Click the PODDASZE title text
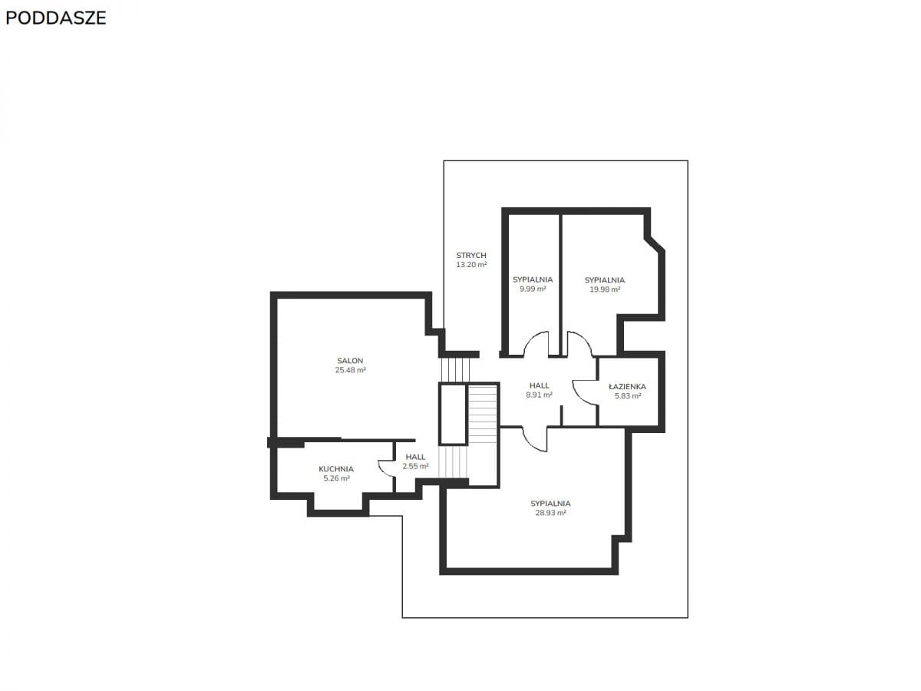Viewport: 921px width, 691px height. click(x=55, y=18)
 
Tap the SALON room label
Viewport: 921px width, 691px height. click(x=350, y=360)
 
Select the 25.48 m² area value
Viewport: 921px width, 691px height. click(x=350, y=370)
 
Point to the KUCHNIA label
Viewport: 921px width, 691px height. click(x=336, y=469)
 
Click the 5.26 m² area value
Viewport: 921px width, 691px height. click(x=336, y=478)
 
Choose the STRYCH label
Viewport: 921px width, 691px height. click(x=471, y=255)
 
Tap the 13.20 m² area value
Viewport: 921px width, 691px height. click(x=471, y=265)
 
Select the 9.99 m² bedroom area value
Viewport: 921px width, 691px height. click(x=533, y=289)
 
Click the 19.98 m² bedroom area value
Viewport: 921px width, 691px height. click(x=605, y=289)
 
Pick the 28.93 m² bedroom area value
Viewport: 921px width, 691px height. click(x=550, y=513)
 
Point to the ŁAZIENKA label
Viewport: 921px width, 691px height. click(x=627, y=386)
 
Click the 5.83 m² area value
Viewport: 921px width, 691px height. click(x=628, y=396)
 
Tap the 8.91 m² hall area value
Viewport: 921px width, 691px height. click(x=540, y=395)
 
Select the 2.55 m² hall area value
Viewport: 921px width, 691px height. click(x=415, y=466)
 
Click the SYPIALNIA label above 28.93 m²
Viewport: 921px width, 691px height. click(x=550, y=504)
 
